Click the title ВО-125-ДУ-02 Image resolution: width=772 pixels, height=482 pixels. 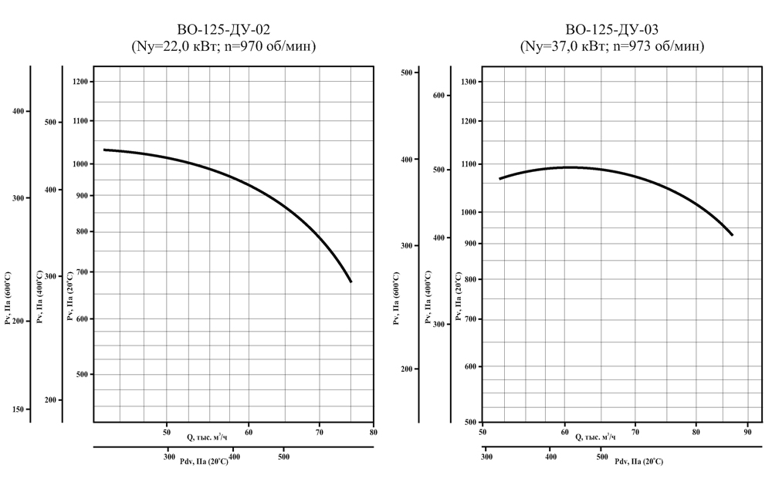(x=225, y=31)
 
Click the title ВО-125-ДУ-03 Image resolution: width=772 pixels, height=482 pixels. (x=612, y=31)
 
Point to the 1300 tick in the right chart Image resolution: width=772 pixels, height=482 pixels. (x=470, y=82)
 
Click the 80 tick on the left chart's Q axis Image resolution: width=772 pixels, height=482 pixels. (x=373, y=432)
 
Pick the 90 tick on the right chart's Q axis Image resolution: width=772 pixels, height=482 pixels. (x=747, y=432)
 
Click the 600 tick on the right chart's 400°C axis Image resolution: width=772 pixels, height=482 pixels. (x=438, y=96)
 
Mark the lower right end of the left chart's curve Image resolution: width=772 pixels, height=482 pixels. (x=351, y=282)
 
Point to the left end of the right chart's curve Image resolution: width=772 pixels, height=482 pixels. (x=499, y=179)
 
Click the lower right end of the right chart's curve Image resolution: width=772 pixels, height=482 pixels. (x=732, y=235)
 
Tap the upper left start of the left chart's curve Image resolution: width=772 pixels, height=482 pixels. (x=103, y=150)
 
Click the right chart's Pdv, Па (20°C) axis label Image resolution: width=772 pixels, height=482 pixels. (x=638, y=461)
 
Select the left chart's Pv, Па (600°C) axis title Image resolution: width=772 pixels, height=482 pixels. (x=8, y=297)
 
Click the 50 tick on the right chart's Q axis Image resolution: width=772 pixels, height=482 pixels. (x=482, y=432)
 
